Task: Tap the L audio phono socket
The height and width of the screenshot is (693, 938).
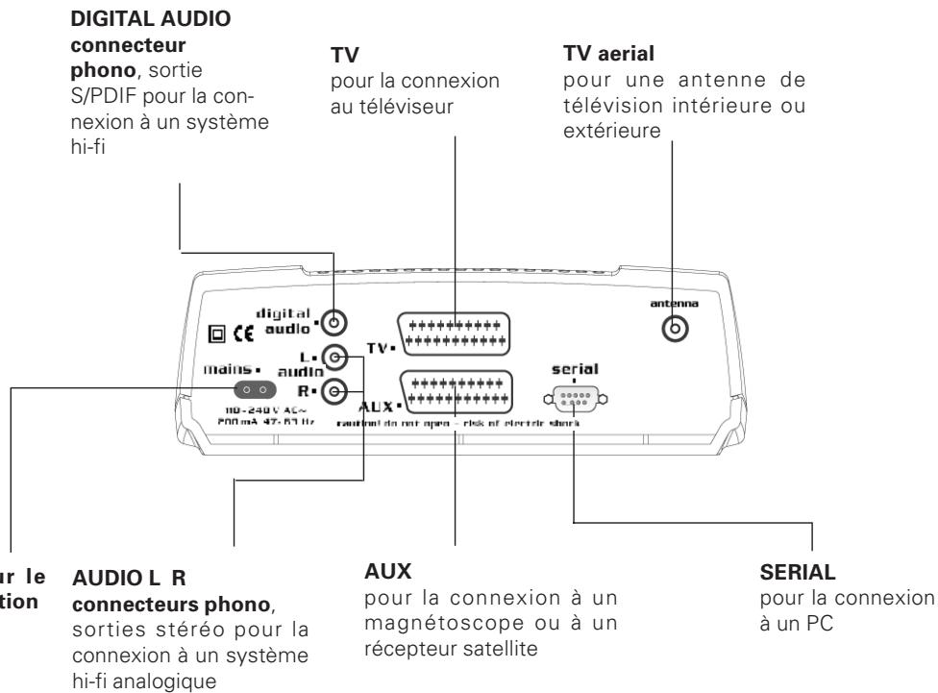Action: pos(333,359)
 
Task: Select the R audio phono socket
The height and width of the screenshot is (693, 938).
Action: pos(333,391)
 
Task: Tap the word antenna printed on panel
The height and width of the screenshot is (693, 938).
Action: pos(678,302)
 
